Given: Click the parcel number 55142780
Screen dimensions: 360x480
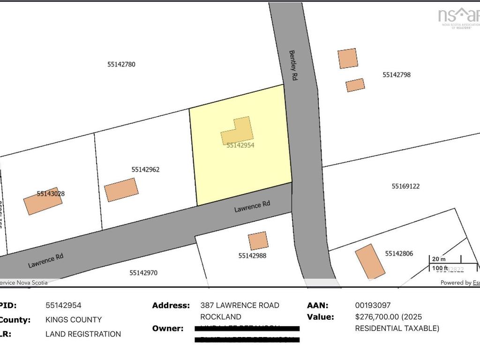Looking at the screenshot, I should pos(121,64).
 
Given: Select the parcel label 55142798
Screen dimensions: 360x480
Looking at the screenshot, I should pos(397,75).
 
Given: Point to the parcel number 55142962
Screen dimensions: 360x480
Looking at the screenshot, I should pos(145,169).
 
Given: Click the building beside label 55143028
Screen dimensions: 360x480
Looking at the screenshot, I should pos(43,201).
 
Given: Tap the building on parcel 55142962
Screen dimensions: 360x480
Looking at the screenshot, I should pos(121,190).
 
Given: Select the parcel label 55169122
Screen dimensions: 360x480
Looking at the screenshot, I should pos(405,186).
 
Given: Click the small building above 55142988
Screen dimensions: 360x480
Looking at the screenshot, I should pos(258,240).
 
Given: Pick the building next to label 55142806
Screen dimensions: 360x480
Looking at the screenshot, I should pos(370,261).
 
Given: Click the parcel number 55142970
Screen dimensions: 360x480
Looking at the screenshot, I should pos(143,272).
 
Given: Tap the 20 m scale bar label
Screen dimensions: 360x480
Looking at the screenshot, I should pos(439,259).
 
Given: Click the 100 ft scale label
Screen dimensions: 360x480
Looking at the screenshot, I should pos(440,268).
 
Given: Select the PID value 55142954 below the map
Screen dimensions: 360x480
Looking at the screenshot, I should pos(63,305).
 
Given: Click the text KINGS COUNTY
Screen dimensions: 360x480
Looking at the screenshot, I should pos(74,320).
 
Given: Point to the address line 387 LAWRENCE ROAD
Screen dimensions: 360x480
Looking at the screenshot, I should pos(240,305).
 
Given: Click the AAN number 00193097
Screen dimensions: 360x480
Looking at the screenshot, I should pos(373,305).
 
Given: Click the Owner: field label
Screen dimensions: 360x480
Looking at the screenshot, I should pos(168,328).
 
